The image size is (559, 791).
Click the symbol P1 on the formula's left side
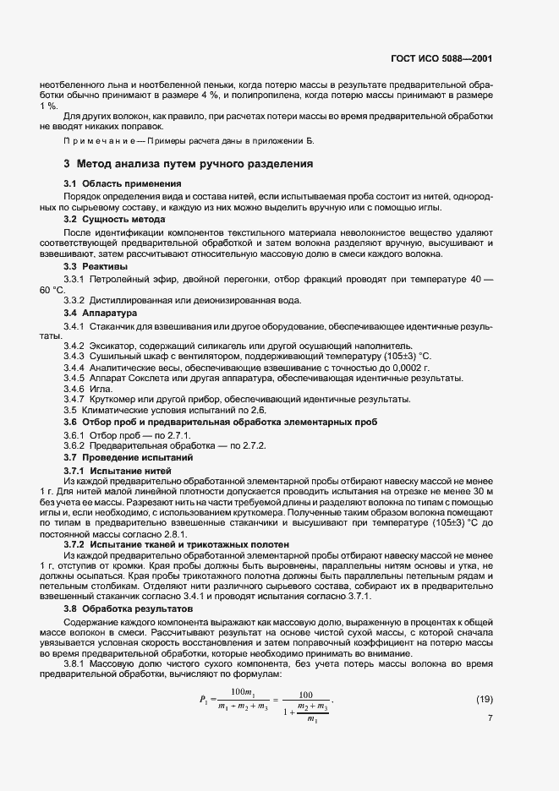click(203, 699)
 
